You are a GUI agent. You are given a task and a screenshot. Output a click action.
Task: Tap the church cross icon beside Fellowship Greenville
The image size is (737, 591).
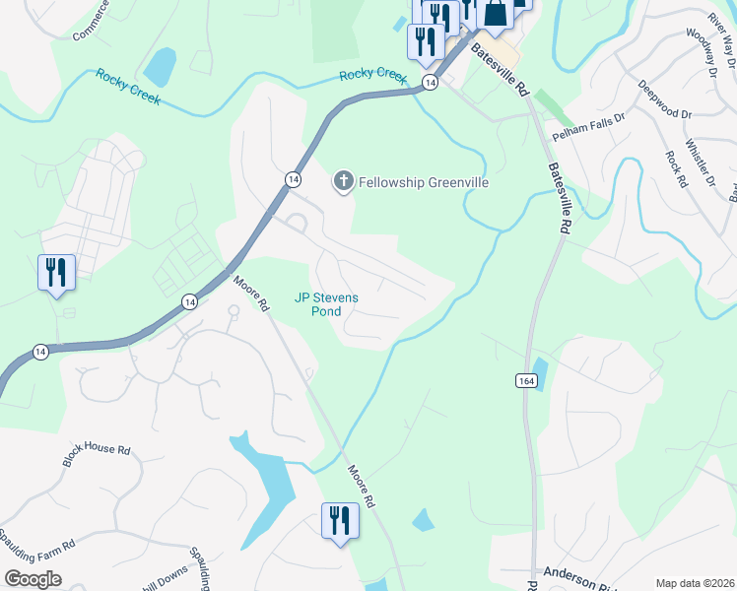point(343,180)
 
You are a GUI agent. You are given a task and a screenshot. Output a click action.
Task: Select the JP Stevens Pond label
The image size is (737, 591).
point(327,304)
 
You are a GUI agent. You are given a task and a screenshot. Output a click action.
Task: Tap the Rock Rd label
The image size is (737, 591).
point(675,168)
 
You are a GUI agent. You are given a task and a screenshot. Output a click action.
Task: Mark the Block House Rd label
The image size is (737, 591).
point(96,455)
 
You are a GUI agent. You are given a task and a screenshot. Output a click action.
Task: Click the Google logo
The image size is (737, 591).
point(33,579)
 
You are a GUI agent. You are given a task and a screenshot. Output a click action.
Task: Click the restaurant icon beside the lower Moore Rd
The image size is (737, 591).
point(340,520)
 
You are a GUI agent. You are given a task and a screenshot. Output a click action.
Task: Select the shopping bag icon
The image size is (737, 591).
point(494,14)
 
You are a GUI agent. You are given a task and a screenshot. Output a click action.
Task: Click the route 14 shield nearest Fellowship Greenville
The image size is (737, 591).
point(293,178)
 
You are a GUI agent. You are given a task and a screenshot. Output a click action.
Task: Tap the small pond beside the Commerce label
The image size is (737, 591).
point(160,67)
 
